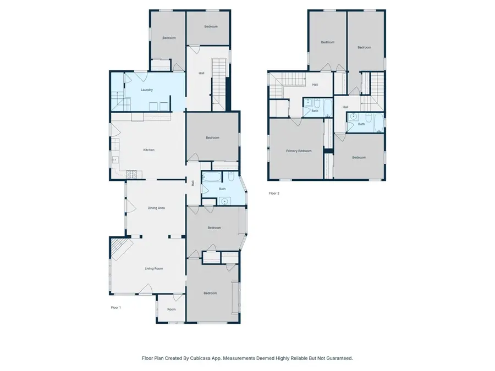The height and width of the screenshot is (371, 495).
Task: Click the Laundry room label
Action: coord(146,90)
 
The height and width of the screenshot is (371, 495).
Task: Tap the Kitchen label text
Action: coord(148,150)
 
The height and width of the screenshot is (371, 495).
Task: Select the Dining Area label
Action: coord(156,208)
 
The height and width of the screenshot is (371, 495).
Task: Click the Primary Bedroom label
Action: coord(298,151)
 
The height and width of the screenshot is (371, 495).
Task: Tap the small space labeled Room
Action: coord(172,309)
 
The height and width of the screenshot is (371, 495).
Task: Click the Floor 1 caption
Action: coord(116,307)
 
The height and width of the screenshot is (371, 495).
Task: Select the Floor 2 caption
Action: coord(274,193)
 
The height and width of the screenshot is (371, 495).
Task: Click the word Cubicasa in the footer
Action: coord(207,358)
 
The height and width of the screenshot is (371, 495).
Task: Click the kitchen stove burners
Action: coord(131,175)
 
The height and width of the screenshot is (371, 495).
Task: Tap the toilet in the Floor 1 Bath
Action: coord(232,176)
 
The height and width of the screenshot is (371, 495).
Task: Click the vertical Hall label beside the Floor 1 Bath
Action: coord(193,183)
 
